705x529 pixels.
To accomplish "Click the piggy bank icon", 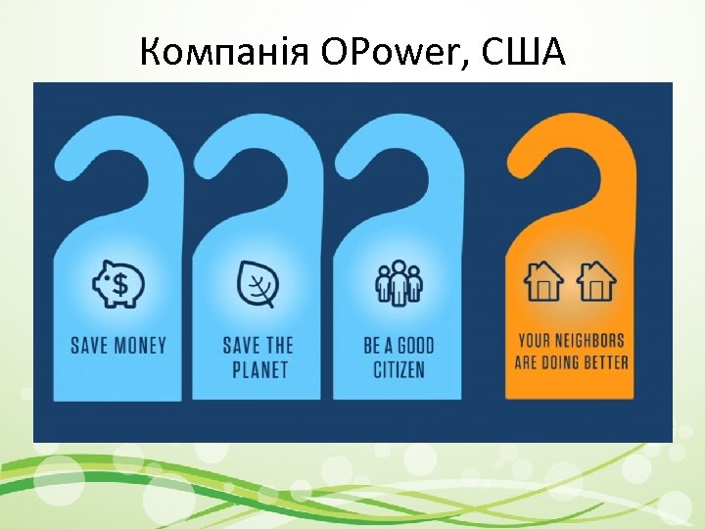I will (x=118, y=284).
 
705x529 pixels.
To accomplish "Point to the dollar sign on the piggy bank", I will (x=120, y=285).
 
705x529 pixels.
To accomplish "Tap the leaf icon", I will (x=258, y=285).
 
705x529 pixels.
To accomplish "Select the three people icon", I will (x=399, y=284).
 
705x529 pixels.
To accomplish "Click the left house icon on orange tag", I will (x=543, y=282).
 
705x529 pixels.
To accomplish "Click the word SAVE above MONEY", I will (x=90, y=345).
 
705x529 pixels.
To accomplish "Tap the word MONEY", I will (x=139, y=345).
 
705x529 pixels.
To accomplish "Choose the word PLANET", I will (x=258, y=369).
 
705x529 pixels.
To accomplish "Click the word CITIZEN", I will (x=399, y=369).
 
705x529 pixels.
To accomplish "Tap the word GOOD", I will (x=415, y=345).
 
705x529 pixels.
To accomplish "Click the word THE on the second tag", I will (x=280, y=345).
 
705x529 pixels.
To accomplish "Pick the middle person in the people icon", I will (x=399, y=282).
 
